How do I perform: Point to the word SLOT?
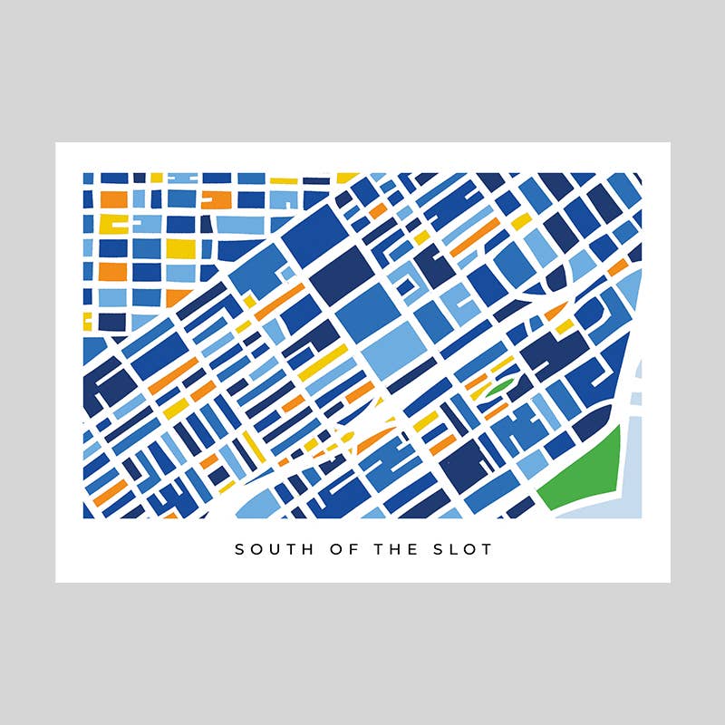click(459, 549)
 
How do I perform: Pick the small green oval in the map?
click(498, 387)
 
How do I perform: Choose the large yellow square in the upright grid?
click(180, 247)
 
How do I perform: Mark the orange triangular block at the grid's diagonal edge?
click(177, 296)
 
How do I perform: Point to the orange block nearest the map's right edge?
click(617, 266)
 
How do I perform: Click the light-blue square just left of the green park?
click(533, 464)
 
